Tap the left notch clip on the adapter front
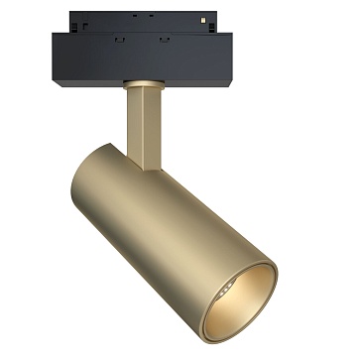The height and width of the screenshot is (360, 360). (120, 41)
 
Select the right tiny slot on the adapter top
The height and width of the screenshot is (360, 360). (151, 15)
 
